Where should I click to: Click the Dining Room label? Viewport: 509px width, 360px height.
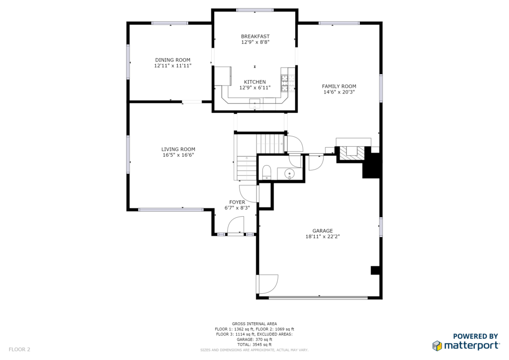[x=172, y=60]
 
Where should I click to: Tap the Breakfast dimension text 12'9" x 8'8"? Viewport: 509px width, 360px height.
[x=255, y=42]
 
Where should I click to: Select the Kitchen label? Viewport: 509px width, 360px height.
[x=255, y=82]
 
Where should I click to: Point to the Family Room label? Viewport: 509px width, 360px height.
[x=339, y=87]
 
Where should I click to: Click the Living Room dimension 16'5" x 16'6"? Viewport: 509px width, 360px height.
[x=178, y=155]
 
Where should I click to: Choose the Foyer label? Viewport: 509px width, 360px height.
[x=237, y=202]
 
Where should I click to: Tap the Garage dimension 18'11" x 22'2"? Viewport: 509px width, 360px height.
[x=323, y=237]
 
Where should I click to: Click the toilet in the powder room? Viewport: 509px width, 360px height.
[x=266, y=172]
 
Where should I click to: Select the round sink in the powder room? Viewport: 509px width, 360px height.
[x=290, y=174]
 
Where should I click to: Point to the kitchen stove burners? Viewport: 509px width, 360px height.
[x=285, y=83]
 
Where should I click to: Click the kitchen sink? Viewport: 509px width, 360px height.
[x=255, y=104]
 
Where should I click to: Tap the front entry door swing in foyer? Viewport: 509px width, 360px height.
[x=236, y=225]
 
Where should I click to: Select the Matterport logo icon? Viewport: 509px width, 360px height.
[x=437, y=346]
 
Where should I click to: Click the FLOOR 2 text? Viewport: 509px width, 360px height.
[x=19, y=350]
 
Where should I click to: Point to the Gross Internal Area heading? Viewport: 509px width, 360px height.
[x=254, y=324]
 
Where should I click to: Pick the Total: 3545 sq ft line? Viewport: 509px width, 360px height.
[x=254, y=345]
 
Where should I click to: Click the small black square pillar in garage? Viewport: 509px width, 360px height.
[x=375, y=270]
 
